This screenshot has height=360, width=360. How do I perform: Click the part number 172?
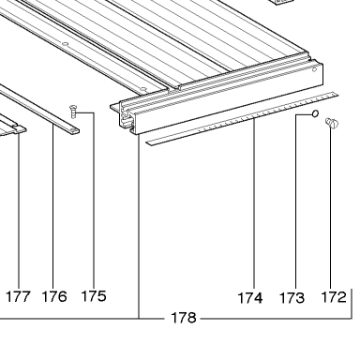pos(334,297)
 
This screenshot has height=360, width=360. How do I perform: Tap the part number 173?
pos(292,298)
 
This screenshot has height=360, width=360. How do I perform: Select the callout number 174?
pos(250,298)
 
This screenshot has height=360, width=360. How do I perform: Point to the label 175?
pos(94,296)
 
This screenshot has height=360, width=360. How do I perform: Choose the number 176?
pos(54,296)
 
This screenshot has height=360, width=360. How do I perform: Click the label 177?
pos(19,296)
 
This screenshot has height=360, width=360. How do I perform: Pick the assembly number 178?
pos(184,318)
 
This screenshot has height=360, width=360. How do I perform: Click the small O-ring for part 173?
pos(315,113)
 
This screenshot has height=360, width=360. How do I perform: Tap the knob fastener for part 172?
pos(332,123)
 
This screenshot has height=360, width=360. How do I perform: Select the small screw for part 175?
pos(73,112)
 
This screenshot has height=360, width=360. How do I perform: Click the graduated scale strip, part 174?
pos(243,119)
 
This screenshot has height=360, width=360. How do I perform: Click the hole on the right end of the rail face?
pos(314,69)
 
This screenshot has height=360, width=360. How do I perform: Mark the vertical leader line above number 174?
pos(254,202)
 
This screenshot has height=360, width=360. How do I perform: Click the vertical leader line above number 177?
pos(19,210)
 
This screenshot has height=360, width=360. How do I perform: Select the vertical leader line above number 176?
pos(53,205)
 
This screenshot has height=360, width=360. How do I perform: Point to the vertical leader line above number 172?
pos(331,207)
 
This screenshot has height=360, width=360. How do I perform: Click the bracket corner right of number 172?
pos(352,319)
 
